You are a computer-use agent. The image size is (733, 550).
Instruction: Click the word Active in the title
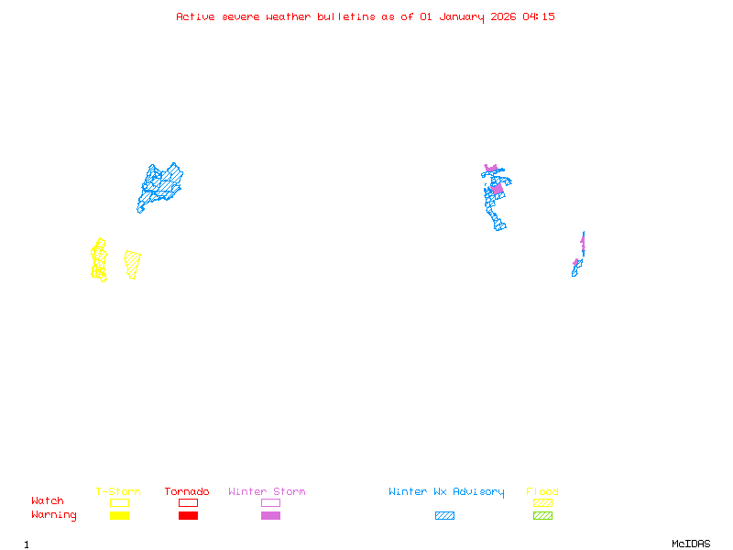[x=195, y=16]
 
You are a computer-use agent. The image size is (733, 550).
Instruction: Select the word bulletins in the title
[x=345, y=16]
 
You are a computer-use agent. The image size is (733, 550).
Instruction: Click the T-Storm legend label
[x=118, y=492]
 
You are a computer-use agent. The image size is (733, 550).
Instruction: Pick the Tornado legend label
[x=187, y=492]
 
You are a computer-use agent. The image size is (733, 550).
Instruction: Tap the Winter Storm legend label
[x=267, y=492]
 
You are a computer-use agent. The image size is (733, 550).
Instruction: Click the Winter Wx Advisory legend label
[x=446, y=492]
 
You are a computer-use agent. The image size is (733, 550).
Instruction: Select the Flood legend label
[x=542, y=492]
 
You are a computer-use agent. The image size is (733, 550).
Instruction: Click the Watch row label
[x=48, y=501]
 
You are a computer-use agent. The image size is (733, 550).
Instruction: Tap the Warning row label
[x=54, y=515]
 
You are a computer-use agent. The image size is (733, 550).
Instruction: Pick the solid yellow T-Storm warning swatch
[x=119, y=516]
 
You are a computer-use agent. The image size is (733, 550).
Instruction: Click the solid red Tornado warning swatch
[x=188, y=516]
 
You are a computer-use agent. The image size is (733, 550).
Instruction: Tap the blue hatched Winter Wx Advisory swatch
[x=444, y=516]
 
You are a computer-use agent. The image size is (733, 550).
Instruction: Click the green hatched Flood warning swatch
[x=542, y=516]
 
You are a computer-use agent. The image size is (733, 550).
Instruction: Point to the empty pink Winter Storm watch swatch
[x=270, y=502]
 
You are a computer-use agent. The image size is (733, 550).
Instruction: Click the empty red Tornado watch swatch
[x=188, y=502]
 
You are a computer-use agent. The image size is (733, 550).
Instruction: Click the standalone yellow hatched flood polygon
[x=133, y=264]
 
